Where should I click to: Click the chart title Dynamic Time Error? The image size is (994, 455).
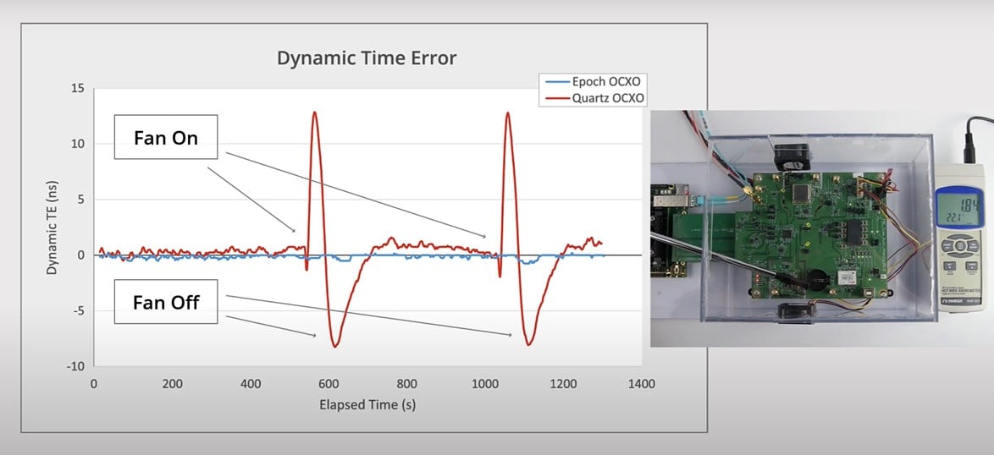click(x=367, y=58)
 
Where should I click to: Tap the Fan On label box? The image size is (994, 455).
click(x=166, y=137)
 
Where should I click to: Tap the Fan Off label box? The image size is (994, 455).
click(x=166, y=302)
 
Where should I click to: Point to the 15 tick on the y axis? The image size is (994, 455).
click(x=78, y=88)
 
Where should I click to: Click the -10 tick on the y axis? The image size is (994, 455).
click(x=75, y=366)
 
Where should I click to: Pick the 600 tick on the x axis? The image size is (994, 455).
click(x=329, y=384)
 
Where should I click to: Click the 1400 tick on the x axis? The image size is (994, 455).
click(x=642, y=384)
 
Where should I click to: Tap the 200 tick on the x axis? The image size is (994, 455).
click(x=172, y=384)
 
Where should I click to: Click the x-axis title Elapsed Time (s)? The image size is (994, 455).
click(x=367, y=404)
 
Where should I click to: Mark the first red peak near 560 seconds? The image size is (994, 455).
click(x=314, y=112)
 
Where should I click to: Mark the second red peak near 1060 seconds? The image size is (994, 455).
click(x=508, y=113)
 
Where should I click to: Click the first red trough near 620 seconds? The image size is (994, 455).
click(x=335, y=346)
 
